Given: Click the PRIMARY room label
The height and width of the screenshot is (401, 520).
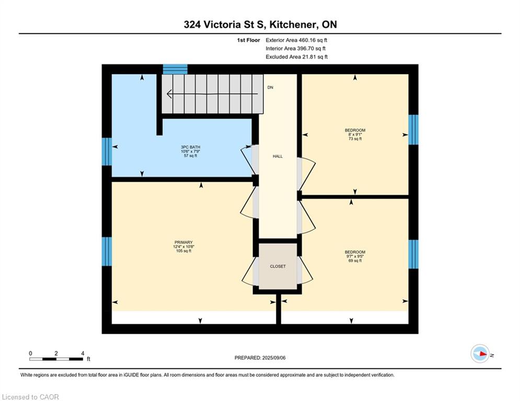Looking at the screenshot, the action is pos(183,242).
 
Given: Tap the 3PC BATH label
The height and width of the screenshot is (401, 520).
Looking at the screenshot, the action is pos(190,147).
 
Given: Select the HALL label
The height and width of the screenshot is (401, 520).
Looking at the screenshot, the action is pos(278,156).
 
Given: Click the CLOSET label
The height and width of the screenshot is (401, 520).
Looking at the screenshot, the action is pos(278,266).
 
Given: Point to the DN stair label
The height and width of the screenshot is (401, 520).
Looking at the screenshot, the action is pos(270,88).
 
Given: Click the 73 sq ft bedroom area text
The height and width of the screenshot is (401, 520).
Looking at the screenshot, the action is pos(355,139).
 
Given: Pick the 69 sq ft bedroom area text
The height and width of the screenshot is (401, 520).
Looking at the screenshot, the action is pos(355,261).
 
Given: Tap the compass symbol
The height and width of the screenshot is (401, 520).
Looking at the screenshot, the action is pos(480,353).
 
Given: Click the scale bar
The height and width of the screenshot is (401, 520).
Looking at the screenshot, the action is pos(56,359).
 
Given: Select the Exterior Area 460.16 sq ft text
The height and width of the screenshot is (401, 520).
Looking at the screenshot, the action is pos(296,40).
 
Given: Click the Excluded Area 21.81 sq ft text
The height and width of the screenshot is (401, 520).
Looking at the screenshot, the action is pos(296,57).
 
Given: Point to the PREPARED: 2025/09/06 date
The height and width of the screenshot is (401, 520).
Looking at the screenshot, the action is pos(260,358).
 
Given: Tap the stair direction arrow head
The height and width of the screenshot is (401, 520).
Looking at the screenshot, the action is pos(169,94).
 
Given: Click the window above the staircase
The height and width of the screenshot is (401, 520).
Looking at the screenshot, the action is pos(175,69).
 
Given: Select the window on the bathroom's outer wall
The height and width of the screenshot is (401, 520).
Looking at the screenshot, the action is pos(107,151).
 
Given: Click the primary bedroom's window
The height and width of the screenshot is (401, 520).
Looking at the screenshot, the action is pos(107,251).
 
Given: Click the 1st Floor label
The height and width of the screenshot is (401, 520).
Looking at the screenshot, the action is pos(248,40).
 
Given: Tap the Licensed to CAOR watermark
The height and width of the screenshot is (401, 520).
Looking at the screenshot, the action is pos(30,397).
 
